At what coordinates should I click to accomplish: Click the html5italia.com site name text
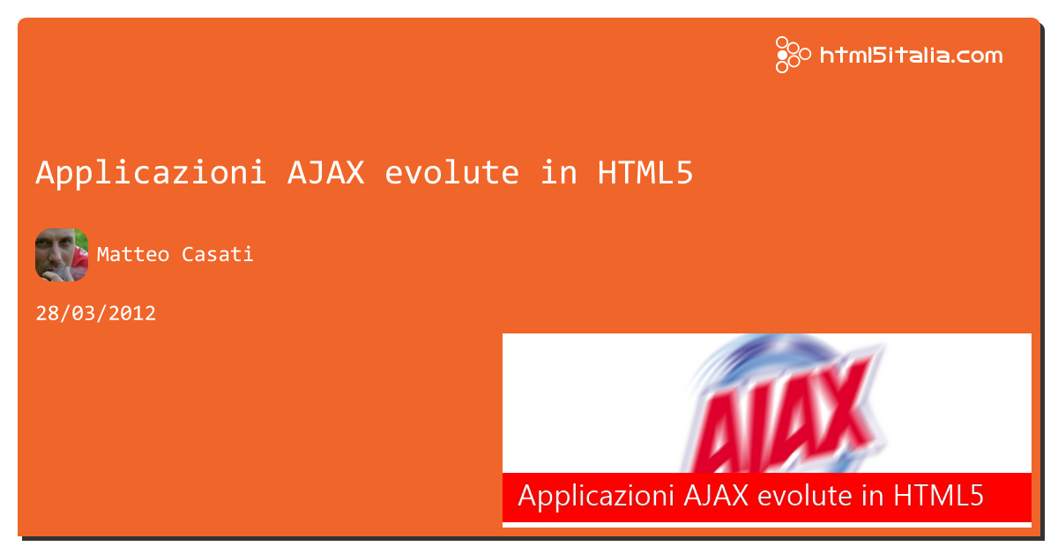tap(911, 56)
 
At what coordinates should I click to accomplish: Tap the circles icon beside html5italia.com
tap(793, 55)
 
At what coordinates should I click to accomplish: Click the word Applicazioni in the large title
tap(151, 173)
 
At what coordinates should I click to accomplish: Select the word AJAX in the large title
tap(326, 173)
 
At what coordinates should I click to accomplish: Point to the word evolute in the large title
tap(452, 173)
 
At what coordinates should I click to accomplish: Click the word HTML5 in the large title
tap(645, 173)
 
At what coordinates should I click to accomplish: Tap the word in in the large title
tap(559, 173)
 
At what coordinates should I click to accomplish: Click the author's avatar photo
tap(62, 255)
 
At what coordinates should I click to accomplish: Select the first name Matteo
tap(133, 255)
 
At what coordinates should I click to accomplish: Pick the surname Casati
tap(217, 255)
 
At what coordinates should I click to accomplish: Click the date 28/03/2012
tap(96, 313)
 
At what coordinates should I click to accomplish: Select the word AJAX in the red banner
tap(716, 496)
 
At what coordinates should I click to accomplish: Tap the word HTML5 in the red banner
tap(938, 496)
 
